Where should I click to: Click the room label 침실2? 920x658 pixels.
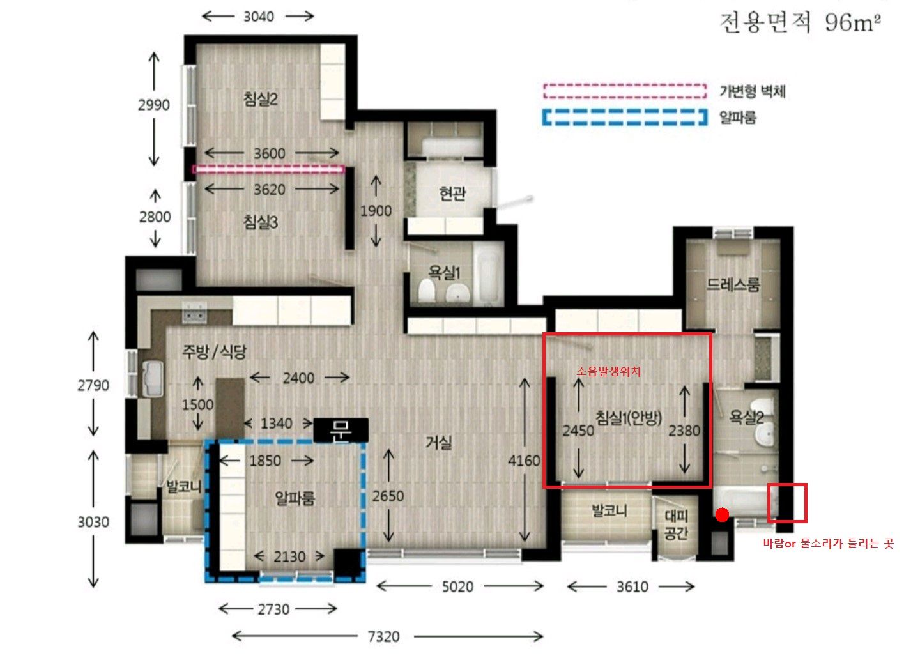(x=261, y=99)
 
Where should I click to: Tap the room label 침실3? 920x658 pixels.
(x=261, y=222)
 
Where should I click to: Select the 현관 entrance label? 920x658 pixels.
(x=452, y=193)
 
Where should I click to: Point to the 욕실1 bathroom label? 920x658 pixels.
(x=444, y=272)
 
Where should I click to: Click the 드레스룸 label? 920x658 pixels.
(x=733, y=284)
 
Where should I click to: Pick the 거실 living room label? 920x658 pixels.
(x=439, y=442)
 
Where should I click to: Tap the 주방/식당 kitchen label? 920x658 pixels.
(x=214, y=351)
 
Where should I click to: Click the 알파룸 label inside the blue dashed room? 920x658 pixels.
(x=295, y=498)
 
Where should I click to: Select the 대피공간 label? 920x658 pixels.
(x=676, y=524)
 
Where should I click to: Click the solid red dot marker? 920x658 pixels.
(x=722, y=514)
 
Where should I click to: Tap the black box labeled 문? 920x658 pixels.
(x=341, y=430)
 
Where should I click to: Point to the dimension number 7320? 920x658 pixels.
(x=383, y=636)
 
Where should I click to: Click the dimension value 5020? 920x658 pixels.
(x=457, y=586)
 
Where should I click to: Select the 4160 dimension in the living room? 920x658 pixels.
(x=524, y=461)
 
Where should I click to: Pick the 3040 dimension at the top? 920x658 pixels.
(x=259, y=17)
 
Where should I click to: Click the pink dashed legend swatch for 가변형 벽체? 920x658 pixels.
(x=625, y=91)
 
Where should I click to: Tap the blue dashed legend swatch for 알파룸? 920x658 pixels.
(x=625, y=117)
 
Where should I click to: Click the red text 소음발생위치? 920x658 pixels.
(x=608, y=371)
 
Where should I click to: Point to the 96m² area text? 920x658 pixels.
(x=853, y=22)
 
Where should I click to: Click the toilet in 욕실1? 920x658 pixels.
(x=427, y=291)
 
